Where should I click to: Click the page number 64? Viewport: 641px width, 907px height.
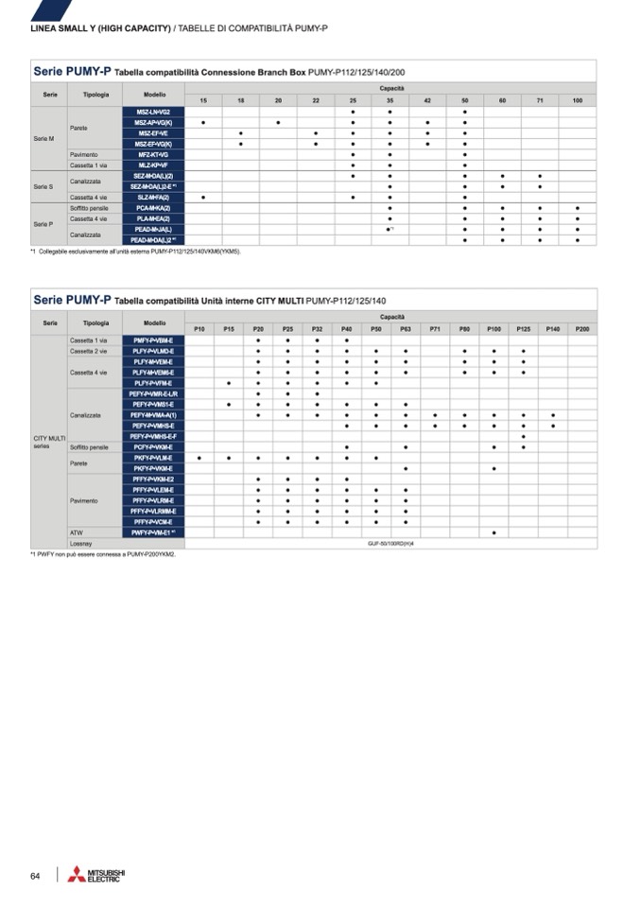[x=35, y=876]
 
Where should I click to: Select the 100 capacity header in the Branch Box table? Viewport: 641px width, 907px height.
[x=577, y=100]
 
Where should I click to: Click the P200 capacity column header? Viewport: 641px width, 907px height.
[x=581, y=328]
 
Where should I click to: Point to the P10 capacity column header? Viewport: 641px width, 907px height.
[x=199, y=328]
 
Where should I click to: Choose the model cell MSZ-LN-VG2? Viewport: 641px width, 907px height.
[x=154, y=112]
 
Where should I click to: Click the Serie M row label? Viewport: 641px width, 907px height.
[x=44, y=138]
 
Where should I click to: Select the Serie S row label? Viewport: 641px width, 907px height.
[x=43, y=186]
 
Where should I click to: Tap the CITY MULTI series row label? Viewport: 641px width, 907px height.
[x=49, y=442]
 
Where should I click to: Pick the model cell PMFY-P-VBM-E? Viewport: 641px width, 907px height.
[x=154, y=340]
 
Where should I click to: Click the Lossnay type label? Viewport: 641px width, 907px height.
[x=81, y=544]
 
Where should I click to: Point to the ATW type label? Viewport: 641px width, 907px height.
[x=77, y=532]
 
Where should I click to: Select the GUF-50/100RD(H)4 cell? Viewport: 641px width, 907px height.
[x=391, y=544]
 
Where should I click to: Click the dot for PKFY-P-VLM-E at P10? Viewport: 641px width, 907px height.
[x=199, y=458]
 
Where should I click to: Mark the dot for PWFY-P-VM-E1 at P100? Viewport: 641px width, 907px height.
[x=494, y=532]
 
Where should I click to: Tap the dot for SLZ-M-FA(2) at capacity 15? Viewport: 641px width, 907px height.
[x=203, y=197]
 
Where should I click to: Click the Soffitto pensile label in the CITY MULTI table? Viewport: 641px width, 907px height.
[x=89, y=446]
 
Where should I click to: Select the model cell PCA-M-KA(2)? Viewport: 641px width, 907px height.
[x=154, y=207]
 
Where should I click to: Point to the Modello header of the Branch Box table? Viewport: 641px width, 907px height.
[x=155, y=95]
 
